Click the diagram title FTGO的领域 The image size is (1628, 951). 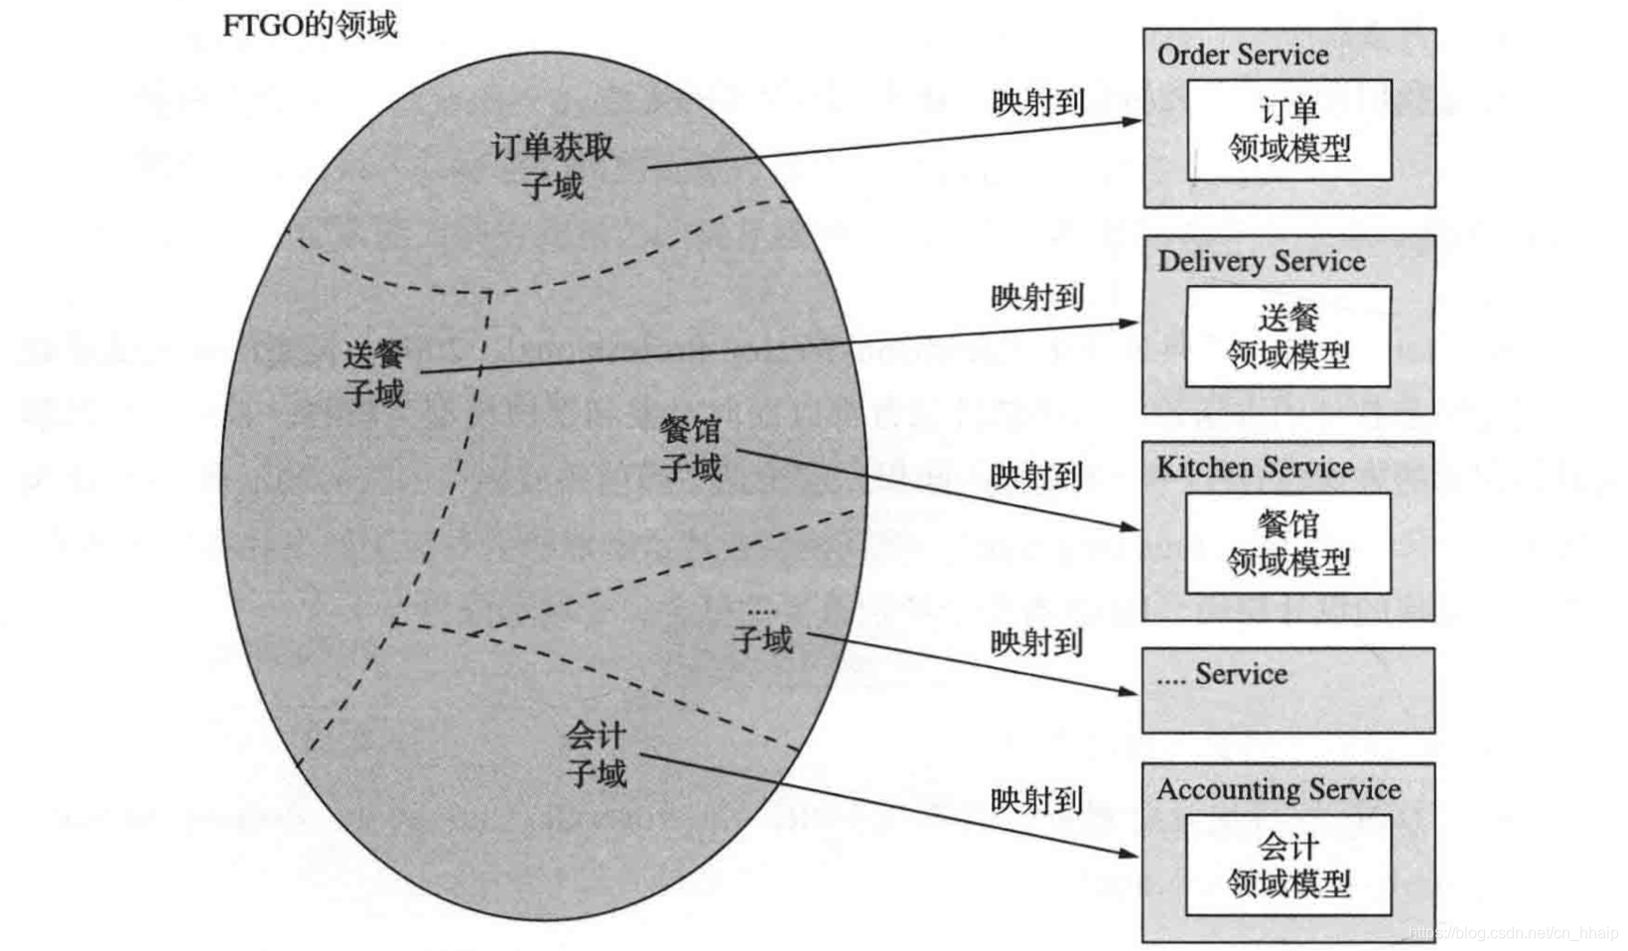click(309, 24)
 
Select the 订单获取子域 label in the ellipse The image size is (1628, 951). click(552, 167)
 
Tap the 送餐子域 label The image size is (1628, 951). click(374, 374)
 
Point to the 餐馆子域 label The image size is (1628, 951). click(691, 449)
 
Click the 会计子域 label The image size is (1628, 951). click(596, 754)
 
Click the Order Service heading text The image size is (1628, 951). click(1242, 55)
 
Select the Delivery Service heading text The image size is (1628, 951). click(1261, 261)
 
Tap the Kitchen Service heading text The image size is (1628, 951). click(1255, 468)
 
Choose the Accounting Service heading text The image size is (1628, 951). click(1279, 790)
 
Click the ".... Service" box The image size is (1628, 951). click(1288, 690)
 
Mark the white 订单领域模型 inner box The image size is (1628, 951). click(1289, 130)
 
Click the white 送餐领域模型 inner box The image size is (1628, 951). click(1288, 337)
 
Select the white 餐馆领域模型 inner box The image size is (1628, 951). click(1288, 543)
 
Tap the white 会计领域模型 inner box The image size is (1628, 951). click(1288, 865)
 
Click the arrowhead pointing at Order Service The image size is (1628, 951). click(1132, 121)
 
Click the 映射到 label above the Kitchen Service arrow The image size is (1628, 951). click(1036, 476)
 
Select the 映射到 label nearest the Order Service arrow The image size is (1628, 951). click(1037, 102)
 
